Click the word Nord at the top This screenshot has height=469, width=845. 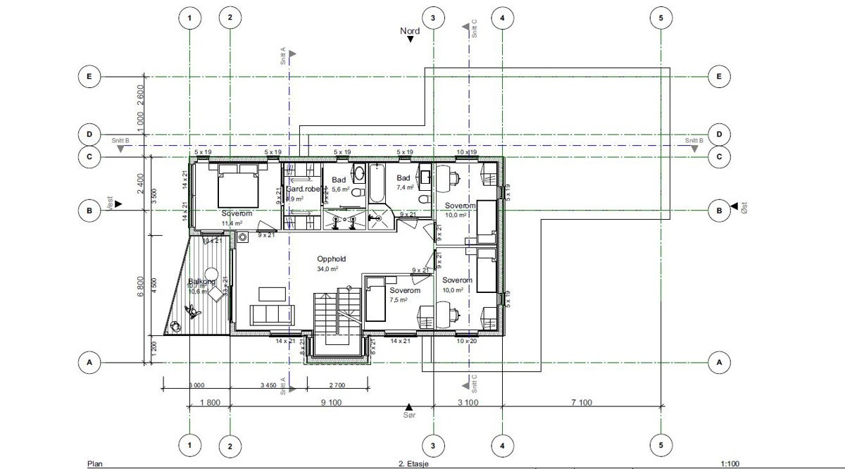410,31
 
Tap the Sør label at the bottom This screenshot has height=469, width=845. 408,416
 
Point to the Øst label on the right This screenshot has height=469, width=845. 743,208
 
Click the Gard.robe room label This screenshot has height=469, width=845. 303,189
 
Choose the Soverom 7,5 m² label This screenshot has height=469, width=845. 405,294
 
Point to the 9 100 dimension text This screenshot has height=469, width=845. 332,403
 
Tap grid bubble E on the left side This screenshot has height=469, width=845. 89,76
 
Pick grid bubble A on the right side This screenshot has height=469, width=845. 720,363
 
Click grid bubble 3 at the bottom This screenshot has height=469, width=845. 433,444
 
